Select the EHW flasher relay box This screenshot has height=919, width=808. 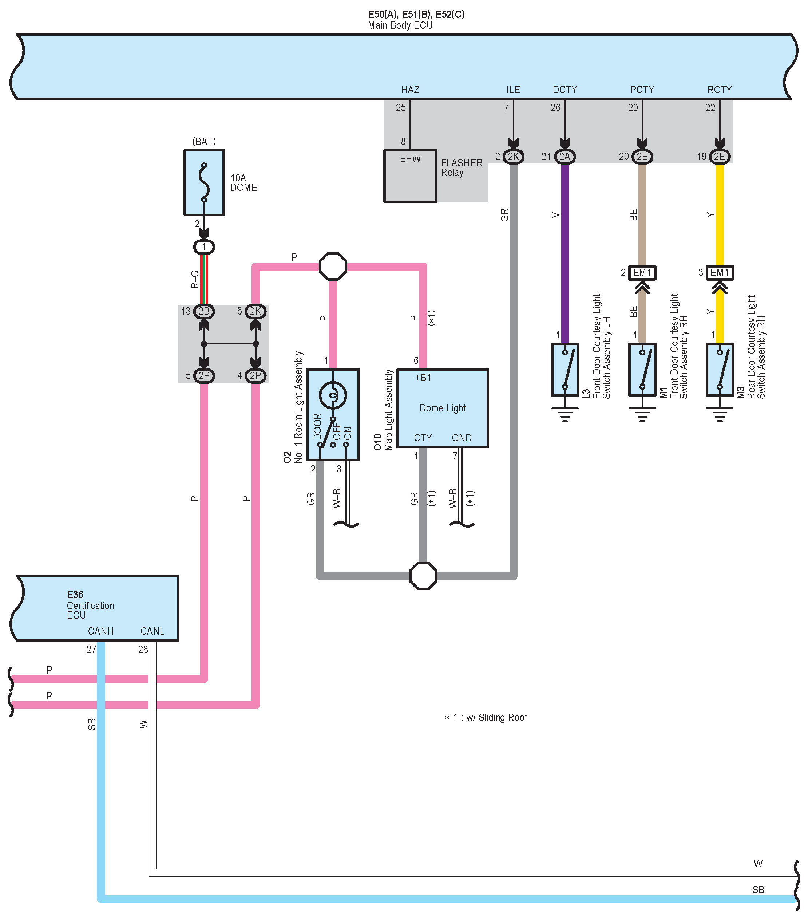[x=410, y=176]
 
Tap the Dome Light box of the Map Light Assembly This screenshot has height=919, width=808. [x=443, y=408]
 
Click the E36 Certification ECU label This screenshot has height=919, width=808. [x=90, y=605]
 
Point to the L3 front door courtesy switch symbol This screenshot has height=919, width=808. [x=565, y=369]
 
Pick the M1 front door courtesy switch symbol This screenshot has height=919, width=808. [x=642, y=369]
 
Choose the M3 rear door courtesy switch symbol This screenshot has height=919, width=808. [x=720, y=369]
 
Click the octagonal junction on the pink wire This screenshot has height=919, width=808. [x=333, y=267]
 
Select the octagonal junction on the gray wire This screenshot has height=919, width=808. [x=423, y=576]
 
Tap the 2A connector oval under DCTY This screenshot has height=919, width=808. [x=565, y=157]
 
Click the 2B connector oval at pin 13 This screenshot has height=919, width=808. [x=204, y=311]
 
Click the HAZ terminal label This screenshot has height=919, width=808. [x=410, y=90]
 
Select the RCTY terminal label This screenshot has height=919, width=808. [x=720, y=90]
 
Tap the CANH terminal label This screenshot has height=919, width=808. [x=101, y=631]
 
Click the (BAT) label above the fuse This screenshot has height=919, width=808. [x=204, y=142]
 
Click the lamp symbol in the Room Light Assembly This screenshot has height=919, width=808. [x=333, y=395]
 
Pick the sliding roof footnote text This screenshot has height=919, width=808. [x=486, y=718]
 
